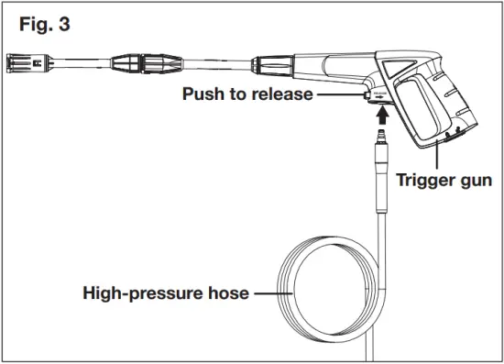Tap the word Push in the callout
point(204,95)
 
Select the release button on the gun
point(367,94)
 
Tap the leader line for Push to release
point(334,95)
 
